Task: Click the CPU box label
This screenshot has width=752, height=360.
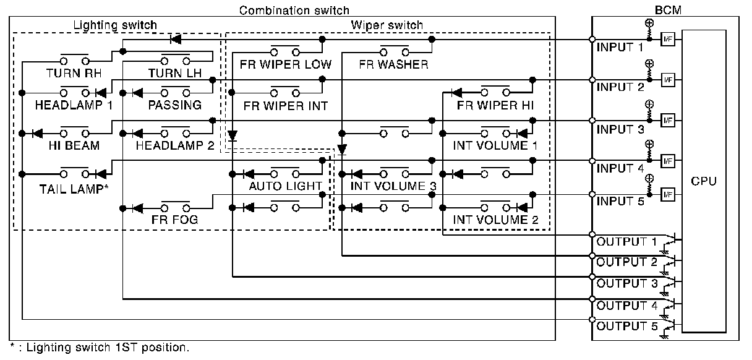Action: click(704, 181)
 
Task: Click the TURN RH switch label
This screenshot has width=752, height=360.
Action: click(74, 73)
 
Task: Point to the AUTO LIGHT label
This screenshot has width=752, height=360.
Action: click(285, 186)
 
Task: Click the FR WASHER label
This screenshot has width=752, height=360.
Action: click(393, 64)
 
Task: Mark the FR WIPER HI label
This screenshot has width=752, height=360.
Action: click(495, 105)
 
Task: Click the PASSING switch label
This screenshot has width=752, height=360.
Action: click(175, 105)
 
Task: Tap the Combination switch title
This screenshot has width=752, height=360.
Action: click(294, 11)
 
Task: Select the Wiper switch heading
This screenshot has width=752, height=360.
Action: click(387, 25)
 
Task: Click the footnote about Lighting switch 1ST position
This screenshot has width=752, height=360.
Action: click(99, 348)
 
